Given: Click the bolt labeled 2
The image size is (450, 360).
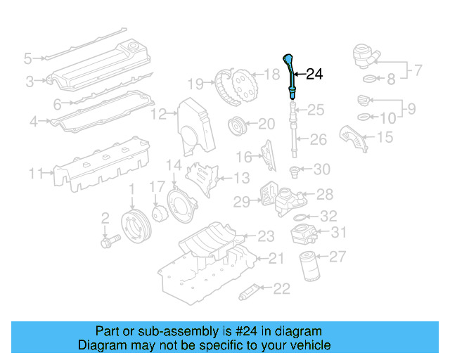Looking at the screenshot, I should pos(110,240).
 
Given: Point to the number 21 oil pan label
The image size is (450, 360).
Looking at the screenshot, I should pos(276,259).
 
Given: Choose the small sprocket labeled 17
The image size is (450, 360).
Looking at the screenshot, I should pos(157,212).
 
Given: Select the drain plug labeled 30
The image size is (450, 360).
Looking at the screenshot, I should pos(295,169).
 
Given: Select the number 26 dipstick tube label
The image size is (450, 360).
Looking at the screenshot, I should pos(319,140).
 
